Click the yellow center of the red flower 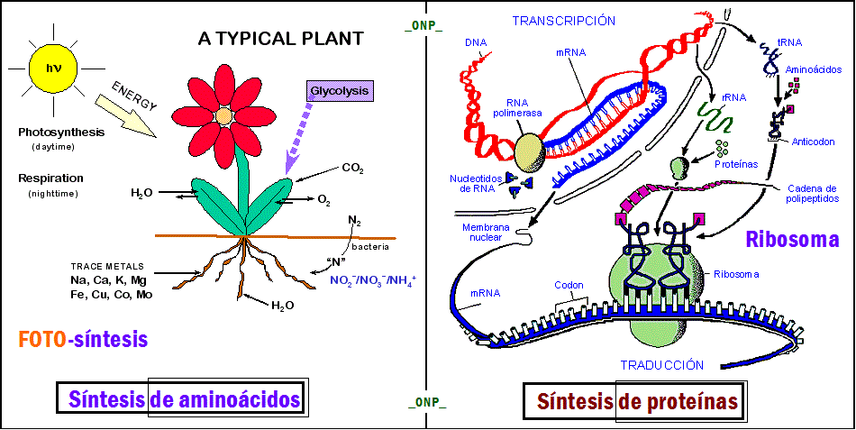[223, 116]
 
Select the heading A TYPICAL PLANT [280, 38]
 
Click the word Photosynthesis [61, 133]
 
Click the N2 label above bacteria [354, 221]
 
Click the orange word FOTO [41, 339]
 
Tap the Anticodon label [816, 141]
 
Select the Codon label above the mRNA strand [569, 285]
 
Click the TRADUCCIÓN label [661, 365]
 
